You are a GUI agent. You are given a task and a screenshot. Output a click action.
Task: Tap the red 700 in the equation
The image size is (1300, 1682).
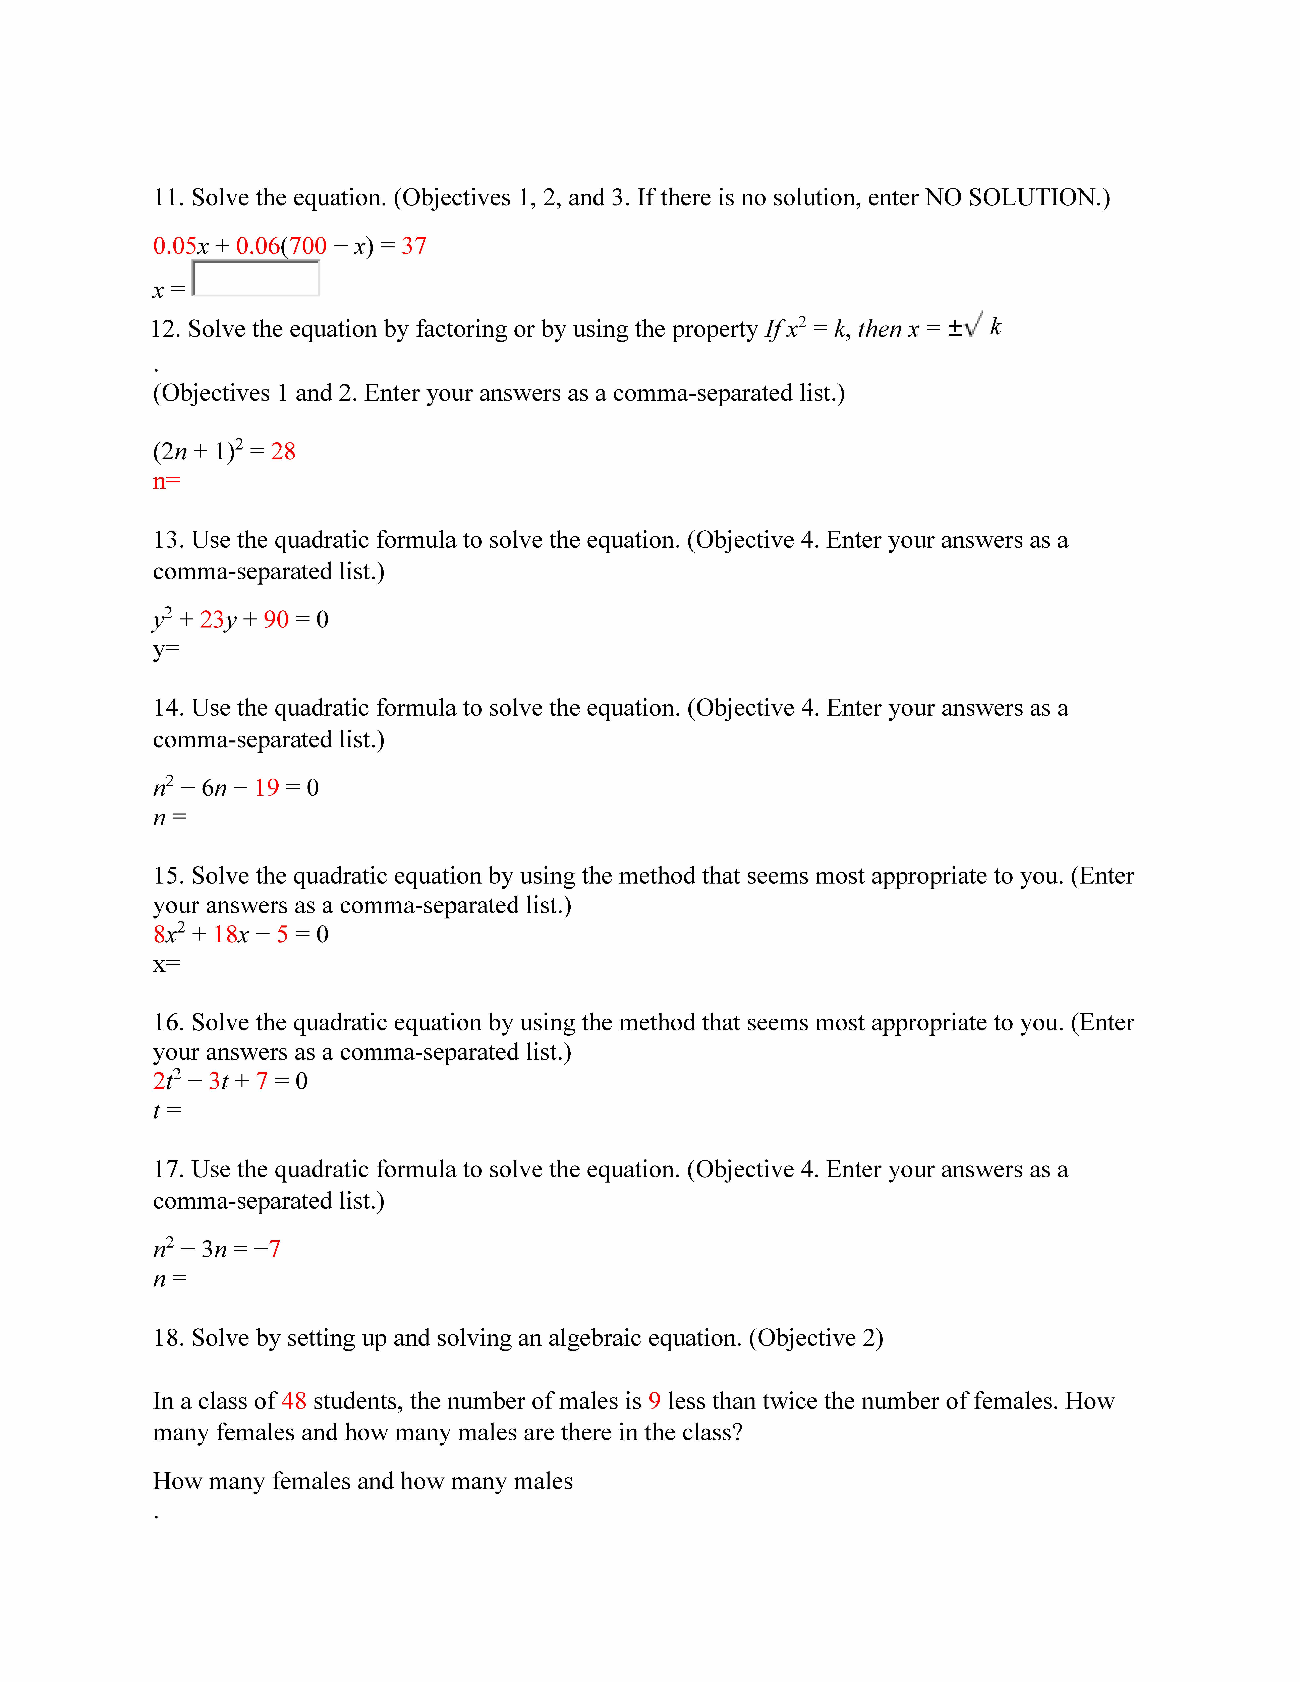pyautogui.click(x=308, y=246)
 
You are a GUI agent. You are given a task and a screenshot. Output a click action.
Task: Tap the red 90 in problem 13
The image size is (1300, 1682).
pyautogui.click(x=276, y=620)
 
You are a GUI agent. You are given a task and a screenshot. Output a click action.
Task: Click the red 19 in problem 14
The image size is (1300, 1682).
pyautogui.click(x=267, y=788)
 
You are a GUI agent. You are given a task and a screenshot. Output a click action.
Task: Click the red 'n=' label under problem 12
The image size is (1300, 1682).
pyautogui.click(x=166, y=482)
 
